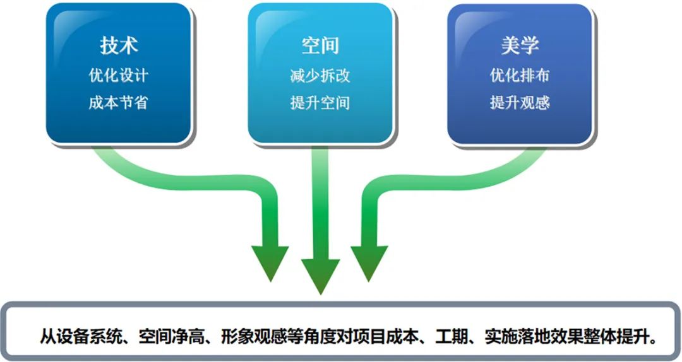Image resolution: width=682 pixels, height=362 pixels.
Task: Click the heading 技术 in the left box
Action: point(119,45)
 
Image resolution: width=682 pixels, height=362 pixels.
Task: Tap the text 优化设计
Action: point(118,75)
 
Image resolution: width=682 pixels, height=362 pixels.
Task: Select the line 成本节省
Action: point(118,103)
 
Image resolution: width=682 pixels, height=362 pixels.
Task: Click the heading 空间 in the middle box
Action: point(320,45)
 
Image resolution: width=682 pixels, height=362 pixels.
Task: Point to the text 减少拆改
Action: point(320,76)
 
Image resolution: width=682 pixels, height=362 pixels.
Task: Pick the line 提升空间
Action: point(320,103)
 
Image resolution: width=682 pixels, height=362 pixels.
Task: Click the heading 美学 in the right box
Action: point(520,45)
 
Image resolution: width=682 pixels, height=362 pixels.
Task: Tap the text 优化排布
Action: point(520,75)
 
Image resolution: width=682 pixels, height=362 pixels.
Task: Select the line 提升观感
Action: point(520,103)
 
